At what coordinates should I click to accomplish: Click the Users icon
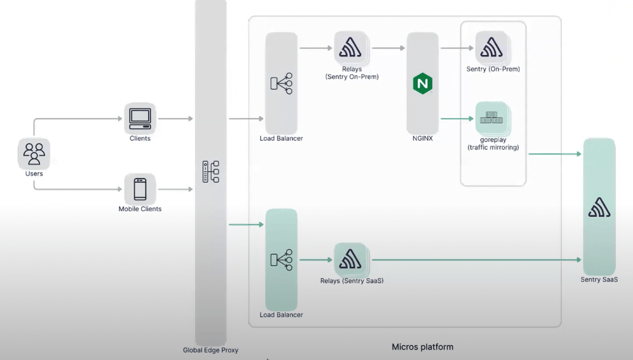(x=34, y=153)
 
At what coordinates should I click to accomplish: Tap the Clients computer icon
(x=140, y=119)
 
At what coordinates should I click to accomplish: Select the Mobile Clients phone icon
(x=140, y=189)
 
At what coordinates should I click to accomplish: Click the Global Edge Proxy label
(x=210, y=350)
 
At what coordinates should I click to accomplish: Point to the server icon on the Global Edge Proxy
(x=210, y=172)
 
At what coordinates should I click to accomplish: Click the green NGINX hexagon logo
(x=422, y=83)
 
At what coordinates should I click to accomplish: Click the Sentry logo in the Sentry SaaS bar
(x=599, y=207)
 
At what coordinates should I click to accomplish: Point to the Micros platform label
(x=422, y=347)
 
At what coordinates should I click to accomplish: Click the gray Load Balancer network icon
(x=281, y=83)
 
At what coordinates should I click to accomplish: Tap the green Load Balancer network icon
(x=281, y=259)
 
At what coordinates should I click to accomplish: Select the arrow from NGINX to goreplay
(x=457, y=119)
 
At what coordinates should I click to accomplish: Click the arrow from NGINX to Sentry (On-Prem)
(x=457, y=48)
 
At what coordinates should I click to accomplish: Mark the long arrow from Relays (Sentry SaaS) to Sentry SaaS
(x=475, y=259)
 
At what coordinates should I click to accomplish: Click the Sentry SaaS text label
(x=599, y=279)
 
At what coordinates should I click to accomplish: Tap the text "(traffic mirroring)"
(x=493, y=148)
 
